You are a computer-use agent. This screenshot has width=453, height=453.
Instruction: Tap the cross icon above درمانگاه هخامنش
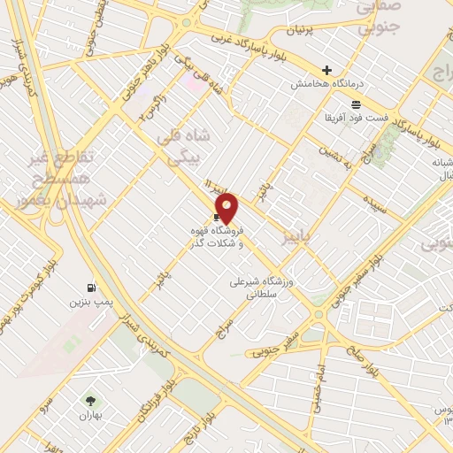[327, 71]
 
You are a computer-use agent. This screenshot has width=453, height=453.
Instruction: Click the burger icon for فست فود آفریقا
[356, 103]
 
